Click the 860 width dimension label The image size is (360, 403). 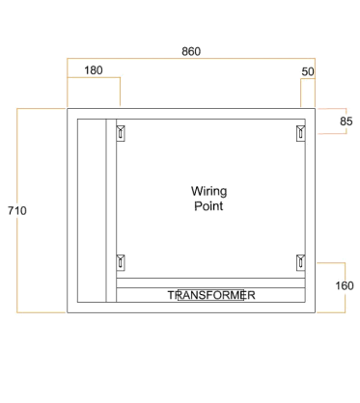coord(191,51)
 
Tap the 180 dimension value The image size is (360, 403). coord(94,70)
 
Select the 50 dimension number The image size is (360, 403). coord(308,71)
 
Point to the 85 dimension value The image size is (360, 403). coord(346,121)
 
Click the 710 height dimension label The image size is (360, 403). coord(17,211)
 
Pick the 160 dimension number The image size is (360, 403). coord(345,285)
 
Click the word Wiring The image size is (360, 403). coord(209,192)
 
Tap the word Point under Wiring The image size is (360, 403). coord(208,206)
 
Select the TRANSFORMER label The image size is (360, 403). coord(211,295)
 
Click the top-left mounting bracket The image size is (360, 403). coord(121,133)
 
